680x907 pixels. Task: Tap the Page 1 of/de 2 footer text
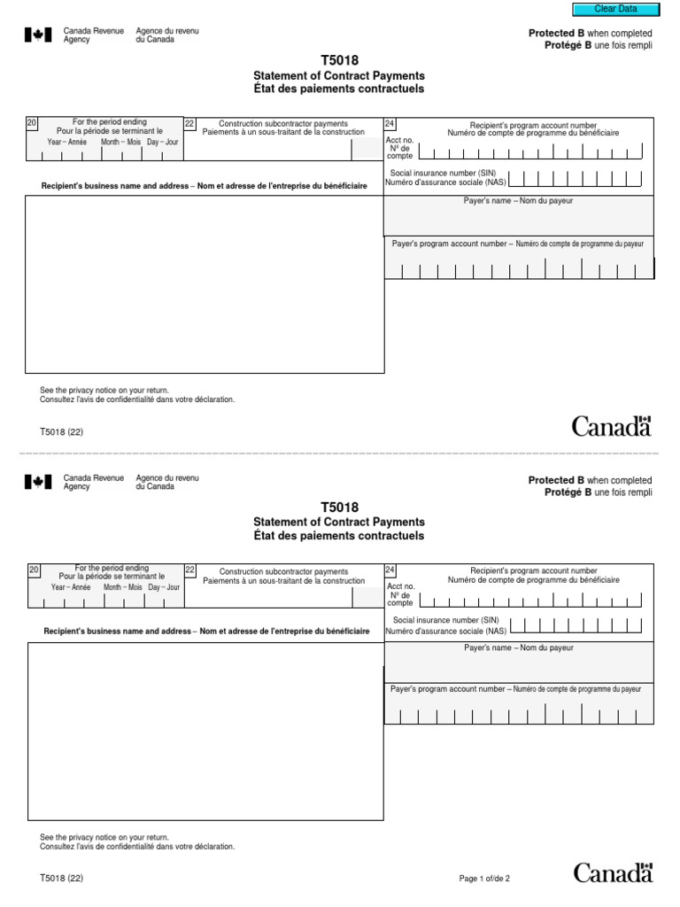[x=484, y=879]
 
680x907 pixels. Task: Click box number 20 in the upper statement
[x=32, y=123]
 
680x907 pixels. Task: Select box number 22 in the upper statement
[x=189, y=124]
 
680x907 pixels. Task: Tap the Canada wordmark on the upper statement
[x=611, y=426]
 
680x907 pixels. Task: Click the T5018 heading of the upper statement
[x=339, y=61]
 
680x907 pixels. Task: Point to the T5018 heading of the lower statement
[x=339, y=508]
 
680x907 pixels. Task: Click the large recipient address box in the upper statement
[x=205, y=284]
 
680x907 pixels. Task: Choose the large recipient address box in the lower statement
[x=205, y=731]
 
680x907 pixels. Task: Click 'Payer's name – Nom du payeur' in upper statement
[x=519, y=202]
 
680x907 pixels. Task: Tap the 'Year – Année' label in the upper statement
[x=67, y=142]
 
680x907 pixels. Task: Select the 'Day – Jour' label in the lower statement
[x=164, y=587]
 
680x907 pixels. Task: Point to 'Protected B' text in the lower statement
[x=556, y=480]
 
